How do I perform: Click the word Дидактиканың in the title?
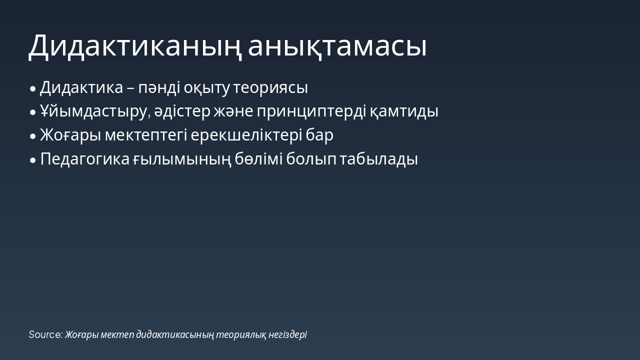tap(135, 46)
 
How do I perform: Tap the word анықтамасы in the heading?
tap(337, 46)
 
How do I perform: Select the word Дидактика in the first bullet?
tap(81, 88)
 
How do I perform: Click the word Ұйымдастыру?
tap(95, 111)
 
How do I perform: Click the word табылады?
tap(379, 159)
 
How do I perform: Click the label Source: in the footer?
tap(45, 335)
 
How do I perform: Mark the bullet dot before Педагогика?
tap(33, 160)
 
